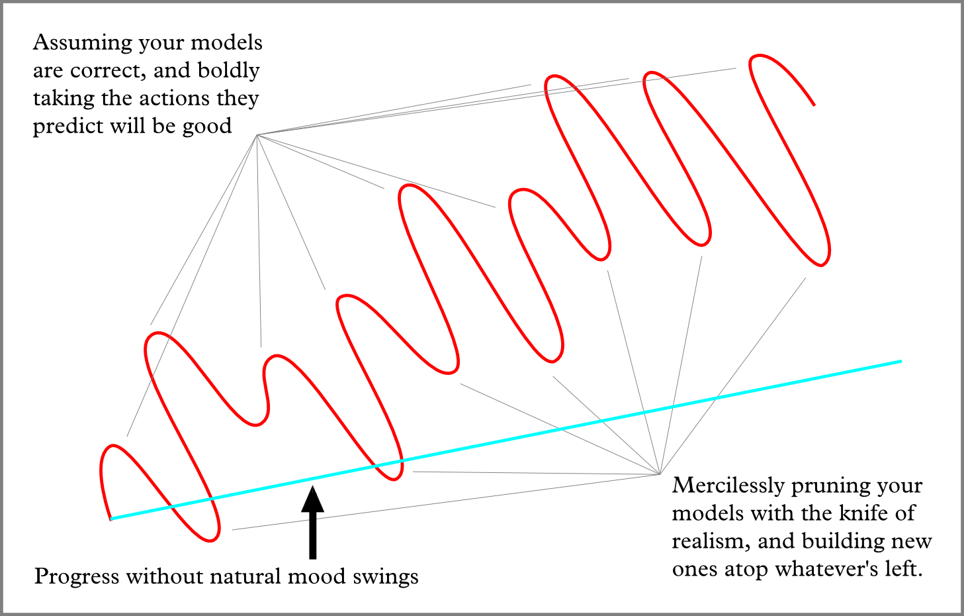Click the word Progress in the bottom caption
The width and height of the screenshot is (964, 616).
tap(77, 577)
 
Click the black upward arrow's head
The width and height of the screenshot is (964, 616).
tap(312, 499)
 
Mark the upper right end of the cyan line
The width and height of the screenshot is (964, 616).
tap(900, 361)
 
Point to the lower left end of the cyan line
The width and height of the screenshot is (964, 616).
tap(111, 519)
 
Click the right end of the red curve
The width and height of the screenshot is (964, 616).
tap(814, 105)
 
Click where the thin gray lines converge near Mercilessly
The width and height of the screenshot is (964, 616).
tap(660, 474)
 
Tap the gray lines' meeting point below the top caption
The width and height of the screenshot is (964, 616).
tap(257, 135)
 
